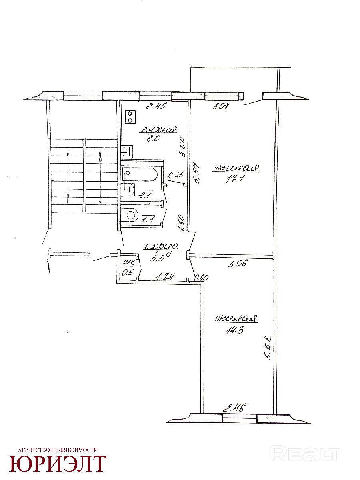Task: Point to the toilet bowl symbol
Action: (x=131, y=215)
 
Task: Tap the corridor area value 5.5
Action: (x=157, y=258)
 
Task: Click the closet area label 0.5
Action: (x=128, y=272)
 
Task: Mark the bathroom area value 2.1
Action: (x=143, y=196)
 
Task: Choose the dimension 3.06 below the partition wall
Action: (x=238, y=264)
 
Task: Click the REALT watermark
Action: (x=306, y=454)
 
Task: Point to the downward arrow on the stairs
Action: (x=68, y=176)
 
